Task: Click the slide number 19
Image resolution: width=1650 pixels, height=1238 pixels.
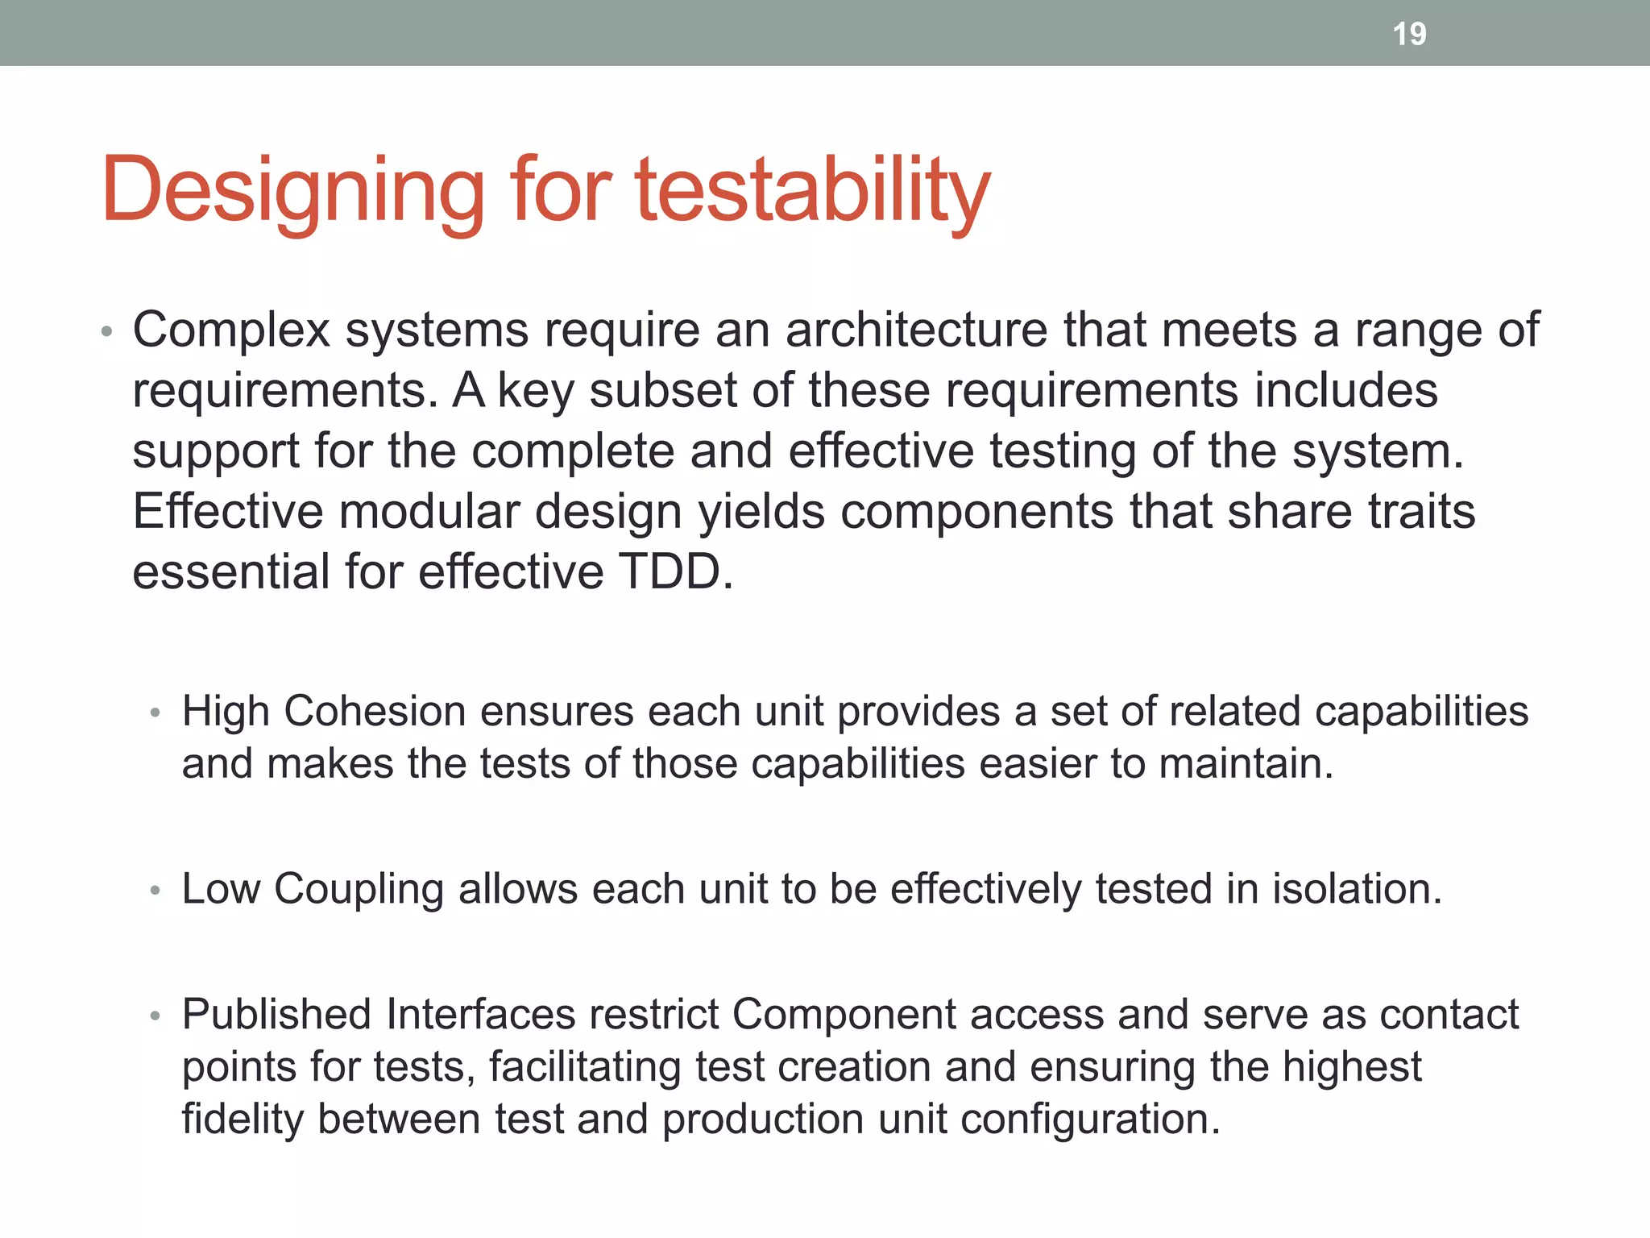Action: point(1409,34)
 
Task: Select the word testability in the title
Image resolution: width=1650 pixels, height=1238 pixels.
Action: point(812,191)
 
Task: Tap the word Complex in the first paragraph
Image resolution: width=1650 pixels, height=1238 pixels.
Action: point(231,330)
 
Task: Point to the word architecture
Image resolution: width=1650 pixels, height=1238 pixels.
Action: point(916,330)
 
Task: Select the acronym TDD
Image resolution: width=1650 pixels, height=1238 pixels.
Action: point(675,571)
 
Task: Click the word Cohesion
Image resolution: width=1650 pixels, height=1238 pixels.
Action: point(375,712)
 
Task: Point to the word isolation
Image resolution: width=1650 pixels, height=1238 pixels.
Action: point(1357,889)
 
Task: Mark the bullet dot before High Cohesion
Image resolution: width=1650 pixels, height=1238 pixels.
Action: point(155,713)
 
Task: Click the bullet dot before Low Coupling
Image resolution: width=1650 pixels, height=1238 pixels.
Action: point(155,891)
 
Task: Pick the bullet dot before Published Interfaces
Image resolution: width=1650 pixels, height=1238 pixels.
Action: point(155,1016)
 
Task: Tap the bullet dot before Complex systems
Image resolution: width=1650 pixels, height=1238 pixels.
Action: point(106,332)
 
